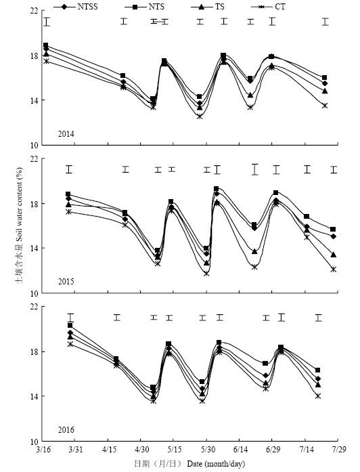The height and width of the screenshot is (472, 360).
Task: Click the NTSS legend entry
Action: pos(76,6)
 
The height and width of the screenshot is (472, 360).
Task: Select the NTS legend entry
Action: pos(144,6)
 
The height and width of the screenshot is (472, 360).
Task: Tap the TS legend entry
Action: pos(208,6)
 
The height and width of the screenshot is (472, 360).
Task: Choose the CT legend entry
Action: pos(268,6)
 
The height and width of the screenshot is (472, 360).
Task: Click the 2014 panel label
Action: pos(66,134)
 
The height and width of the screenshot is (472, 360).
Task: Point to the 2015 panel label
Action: pos(66,282)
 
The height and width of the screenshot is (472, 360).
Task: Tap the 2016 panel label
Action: pos(66,430)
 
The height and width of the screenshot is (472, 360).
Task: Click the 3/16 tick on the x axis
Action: pos(43,450)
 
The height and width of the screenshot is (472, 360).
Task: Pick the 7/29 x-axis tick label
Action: pos(338,450)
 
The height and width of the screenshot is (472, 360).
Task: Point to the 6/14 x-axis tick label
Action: pos(240,450)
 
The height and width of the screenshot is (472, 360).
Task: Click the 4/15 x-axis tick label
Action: pos(108,450)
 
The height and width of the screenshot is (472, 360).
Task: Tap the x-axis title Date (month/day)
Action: pos(217,464)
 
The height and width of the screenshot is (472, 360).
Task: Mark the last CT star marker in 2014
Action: pos(325,106)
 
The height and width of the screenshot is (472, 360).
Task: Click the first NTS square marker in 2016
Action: pos(70,326)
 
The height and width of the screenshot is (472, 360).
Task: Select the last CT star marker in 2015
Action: pos(333,270)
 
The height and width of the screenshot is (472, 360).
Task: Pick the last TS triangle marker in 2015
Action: pos(333,255)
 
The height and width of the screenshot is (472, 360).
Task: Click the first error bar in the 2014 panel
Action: pos(47,22)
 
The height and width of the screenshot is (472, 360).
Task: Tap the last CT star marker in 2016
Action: pos(318,396)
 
